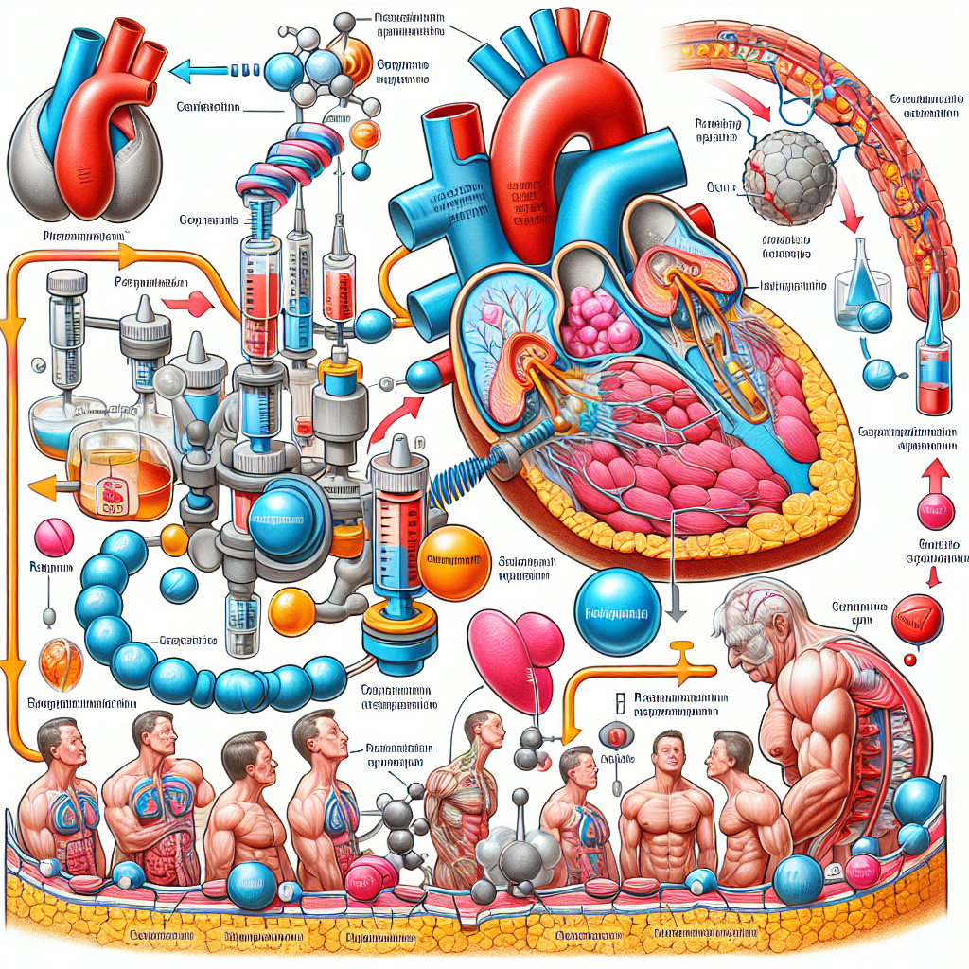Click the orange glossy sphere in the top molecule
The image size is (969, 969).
(x=364, y=132)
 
